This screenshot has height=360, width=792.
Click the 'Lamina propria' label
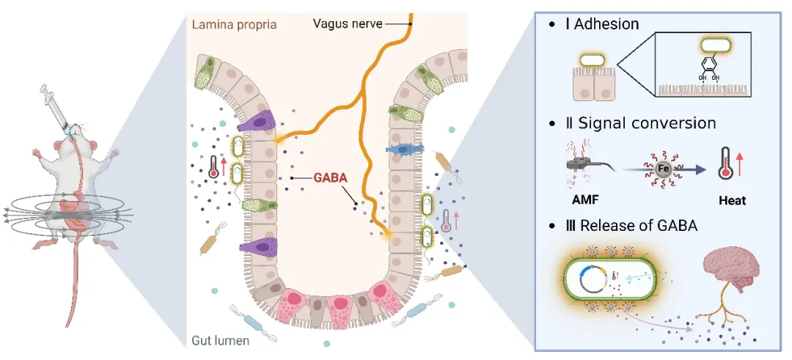(234, 24)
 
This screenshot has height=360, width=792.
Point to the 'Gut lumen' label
(221, 341)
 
